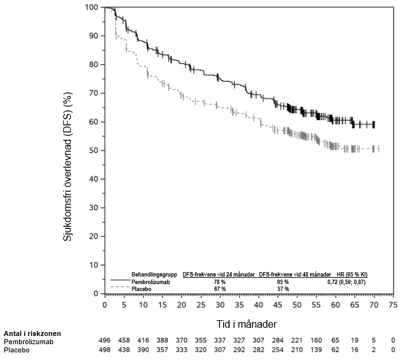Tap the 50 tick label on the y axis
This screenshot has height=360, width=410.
(x=94, y=151)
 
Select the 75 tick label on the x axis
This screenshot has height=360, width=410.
(x=393, y=304)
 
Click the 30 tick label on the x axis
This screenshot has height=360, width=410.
(x=220, y=304)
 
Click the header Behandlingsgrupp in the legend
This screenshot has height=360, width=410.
(x=151, y=275)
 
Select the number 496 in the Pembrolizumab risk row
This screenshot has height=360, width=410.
(x=105, y=340)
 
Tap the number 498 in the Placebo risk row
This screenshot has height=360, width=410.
(x=105, y=349)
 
